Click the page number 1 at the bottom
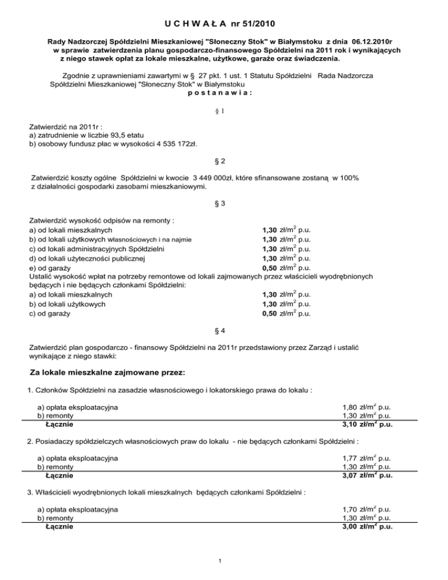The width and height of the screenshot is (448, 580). (216, 561)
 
